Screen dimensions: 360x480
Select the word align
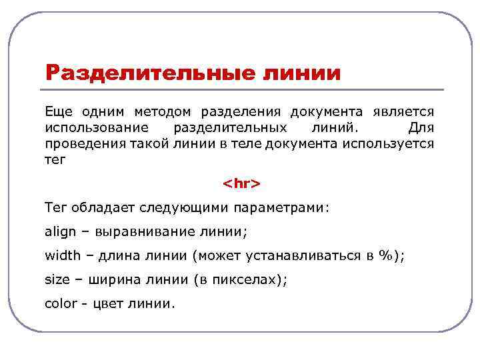point(61,232)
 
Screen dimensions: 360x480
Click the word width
point(63,255)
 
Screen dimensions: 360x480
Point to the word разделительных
point(230,127)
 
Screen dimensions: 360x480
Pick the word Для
point(419,127)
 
